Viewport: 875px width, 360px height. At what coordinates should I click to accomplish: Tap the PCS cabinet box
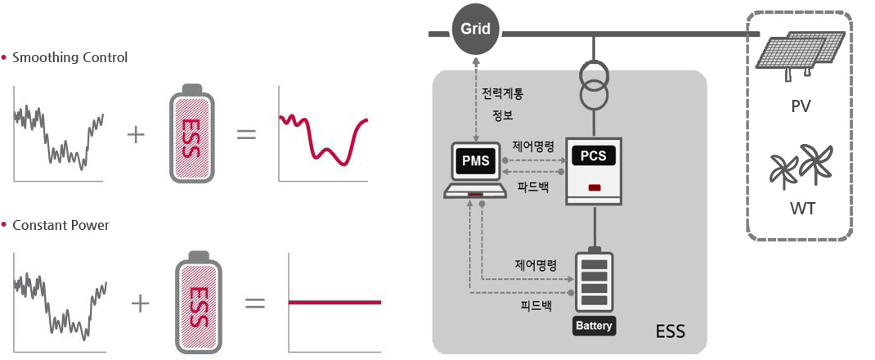click(595, 169)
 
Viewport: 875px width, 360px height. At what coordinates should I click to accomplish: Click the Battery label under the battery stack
click(594, 326)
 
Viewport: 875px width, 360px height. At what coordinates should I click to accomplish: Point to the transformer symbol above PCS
click(595, 84)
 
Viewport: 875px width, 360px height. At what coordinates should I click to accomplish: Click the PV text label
click(801, 106)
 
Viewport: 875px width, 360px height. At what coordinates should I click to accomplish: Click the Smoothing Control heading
click(70, 58)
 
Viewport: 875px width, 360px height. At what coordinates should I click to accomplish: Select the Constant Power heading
click(61, 225)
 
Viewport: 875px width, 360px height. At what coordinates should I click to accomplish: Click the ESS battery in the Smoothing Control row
click(191, 133)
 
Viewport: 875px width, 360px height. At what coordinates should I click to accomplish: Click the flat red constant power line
click(334, 303)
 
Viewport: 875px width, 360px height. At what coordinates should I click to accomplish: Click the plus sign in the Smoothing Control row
click(136, 134)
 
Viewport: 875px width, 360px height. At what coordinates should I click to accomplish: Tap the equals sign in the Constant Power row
click(255, 304)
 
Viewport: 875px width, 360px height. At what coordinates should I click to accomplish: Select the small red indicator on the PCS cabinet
click(595, 189)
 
